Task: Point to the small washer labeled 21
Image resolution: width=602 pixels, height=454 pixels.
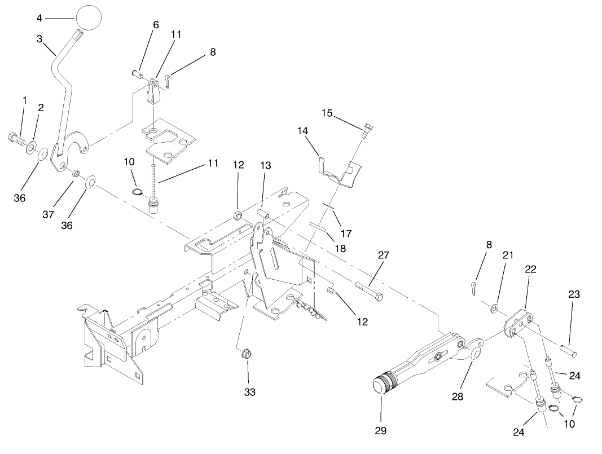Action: tap(493, 308)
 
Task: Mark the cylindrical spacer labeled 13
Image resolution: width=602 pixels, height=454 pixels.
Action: tap(262, 214)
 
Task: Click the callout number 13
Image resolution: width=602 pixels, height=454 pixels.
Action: tap(265, 165)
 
